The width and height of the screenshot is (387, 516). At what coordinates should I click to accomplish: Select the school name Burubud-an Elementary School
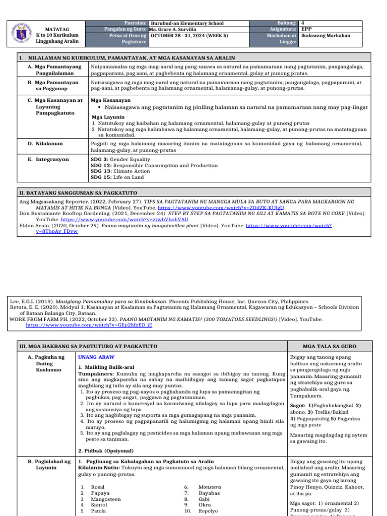(187, 23)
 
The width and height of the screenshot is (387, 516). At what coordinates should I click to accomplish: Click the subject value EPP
(306, 30)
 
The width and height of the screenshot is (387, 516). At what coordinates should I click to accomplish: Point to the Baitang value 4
(303, 23)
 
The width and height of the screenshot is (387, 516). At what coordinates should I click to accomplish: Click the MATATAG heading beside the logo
(57, 30)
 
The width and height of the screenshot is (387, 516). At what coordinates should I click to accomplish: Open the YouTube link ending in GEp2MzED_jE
(89, 325)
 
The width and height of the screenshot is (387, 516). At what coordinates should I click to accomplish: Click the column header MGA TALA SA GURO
(330, 347)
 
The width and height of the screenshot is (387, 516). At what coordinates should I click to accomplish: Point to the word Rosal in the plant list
(98, 487)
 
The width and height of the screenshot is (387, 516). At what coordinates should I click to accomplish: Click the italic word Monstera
(210, 487)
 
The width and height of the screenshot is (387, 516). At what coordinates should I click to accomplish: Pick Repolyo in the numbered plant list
(208, 511)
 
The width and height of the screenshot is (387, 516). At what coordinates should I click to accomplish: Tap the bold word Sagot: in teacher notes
(298, 406)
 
